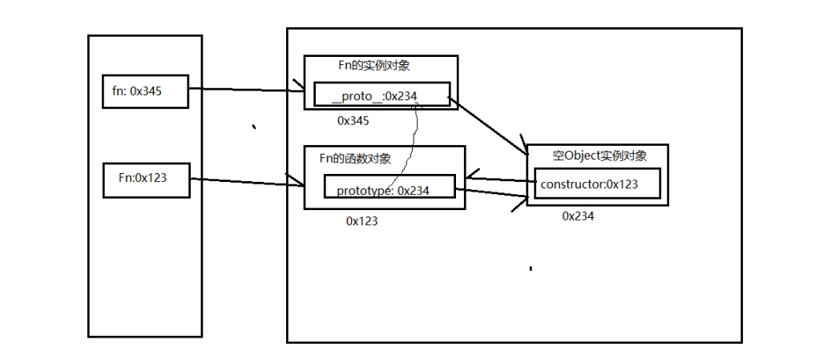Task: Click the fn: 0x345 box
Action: click(144, 91)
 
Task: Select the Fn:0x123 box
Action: click(146, 179)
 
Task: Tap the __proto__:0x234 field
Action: click(381, 96)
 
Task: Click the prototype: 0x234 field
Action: click(389, 190)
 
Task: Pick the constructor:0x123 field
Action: click(597, 184)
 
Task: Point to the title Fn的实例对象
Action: click(374, 66)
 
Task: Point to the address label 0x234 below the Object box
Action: click(578, 216)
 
